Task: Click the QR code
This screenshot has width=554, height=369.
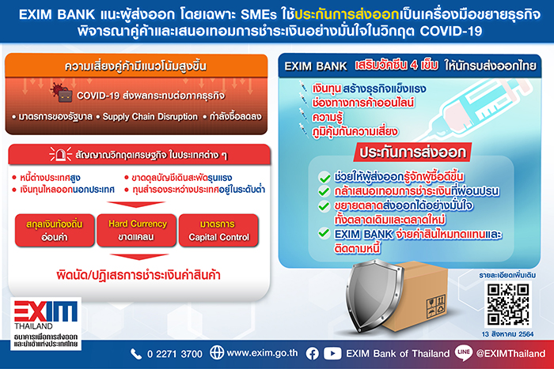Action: (x=508, y=304)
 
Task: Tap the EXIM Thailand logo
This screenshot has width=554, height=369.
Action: (x=46, y=324)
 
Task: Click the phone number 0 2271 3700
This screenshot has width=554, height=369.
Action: (x=175, y=354)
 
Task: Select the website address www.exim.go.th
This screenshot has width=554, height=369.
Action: (x=262, y=353)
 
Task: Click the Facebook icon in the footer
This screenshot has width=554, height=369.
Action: (x=313, y=353)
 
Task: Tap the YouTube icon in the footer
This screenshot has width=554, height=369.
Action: (x=332, y=353)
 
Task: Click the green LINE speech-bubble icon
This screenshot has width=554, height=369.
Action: (x=463, y=352)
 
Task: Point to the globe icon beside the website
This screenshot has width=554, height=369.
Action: (x=217, y=352)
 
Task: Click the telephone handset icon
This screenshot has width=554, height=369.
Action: (x=136, y=354)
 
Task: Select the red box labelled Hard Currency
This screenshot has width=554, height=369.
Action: (x=137, y=231)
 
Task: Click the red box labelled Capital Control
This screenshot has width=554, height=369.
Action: (x=218, y=231)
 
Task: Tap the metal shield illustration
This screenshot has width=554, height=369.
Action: (x=374, y=296)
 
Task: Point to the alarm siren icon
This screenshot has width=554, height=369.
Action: (x=60, y=155)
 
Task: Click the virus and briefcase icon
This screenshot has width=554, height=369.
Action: (x=62, y=92)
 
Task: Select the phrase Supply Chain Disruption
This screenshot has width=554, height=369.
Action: (x=150, y=117)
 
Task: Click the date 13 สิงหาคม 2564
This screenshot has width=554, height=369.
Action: (x=507, y=334)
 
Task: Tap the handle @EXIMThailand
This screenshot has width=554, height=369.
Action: (x=510, y=353)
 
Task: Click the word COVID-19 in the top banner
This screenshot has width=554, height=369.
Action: (x=451, y=31)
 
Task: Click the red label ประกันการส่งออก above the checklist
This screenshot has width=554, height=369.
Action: (x=412, y=152)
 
